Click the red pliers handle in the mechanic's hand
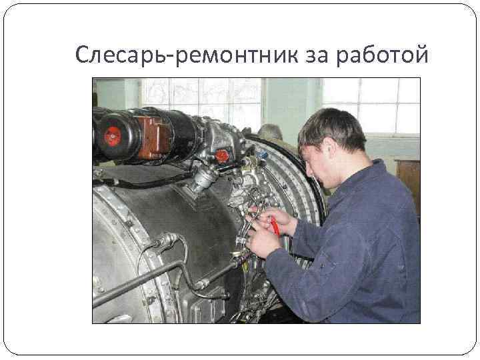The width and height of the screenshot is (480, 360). pos(274,226)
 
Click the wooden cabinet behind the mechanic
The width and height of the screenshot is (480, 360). pos(407,180)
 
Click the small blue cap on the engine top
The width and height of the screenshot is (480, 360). pos(262,154)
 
